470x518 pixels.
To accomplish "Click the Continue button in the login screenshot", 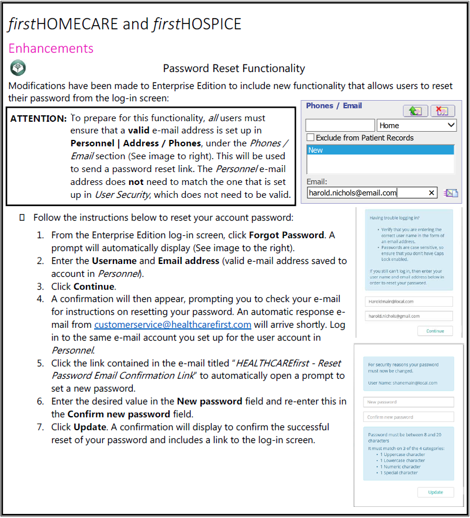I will [435, 331].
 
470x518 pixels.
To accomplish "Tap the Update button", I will [435, 492].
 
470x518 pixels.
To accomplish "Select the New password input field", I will [408, 402].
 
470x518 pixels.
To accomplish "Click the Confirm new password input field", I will [408, 417].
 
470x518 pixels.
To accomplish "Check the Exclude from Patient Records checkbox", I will [310, 138].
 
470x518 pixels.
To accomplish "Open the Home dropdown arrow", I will [450, 125].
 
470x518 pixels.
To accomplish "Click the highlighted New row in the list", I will [380, 150].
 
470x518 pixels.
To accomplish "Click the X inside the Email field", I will [432, 193].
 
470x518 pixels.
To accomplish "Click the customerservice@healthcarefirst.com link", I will [172, 324].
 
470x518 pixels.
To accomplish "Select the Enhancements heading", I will [51, 48].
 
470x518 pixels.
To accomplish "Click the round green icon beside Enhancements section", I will [18, 67].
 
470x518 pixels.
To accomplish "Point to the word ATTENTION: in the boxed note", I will [39, 118].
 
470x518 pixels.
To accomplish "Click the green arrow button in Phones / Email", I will [415, 111].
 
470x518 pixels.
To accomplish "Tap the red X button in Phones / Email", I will [443, 111].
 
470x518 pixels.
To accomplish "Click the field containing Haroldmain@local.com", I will [408, 301].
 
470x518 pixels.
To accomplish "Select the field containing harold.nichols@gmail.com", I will [408, 316].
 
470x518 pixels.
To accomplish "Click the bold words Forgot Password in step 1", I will [286, 235].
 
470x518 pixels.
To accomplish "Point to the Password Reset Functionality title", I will [234, 69].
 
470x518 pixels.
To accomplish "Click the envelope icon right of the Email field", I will [450, 193].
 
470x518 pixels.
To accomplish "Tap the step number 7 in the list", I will [40, 427].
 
